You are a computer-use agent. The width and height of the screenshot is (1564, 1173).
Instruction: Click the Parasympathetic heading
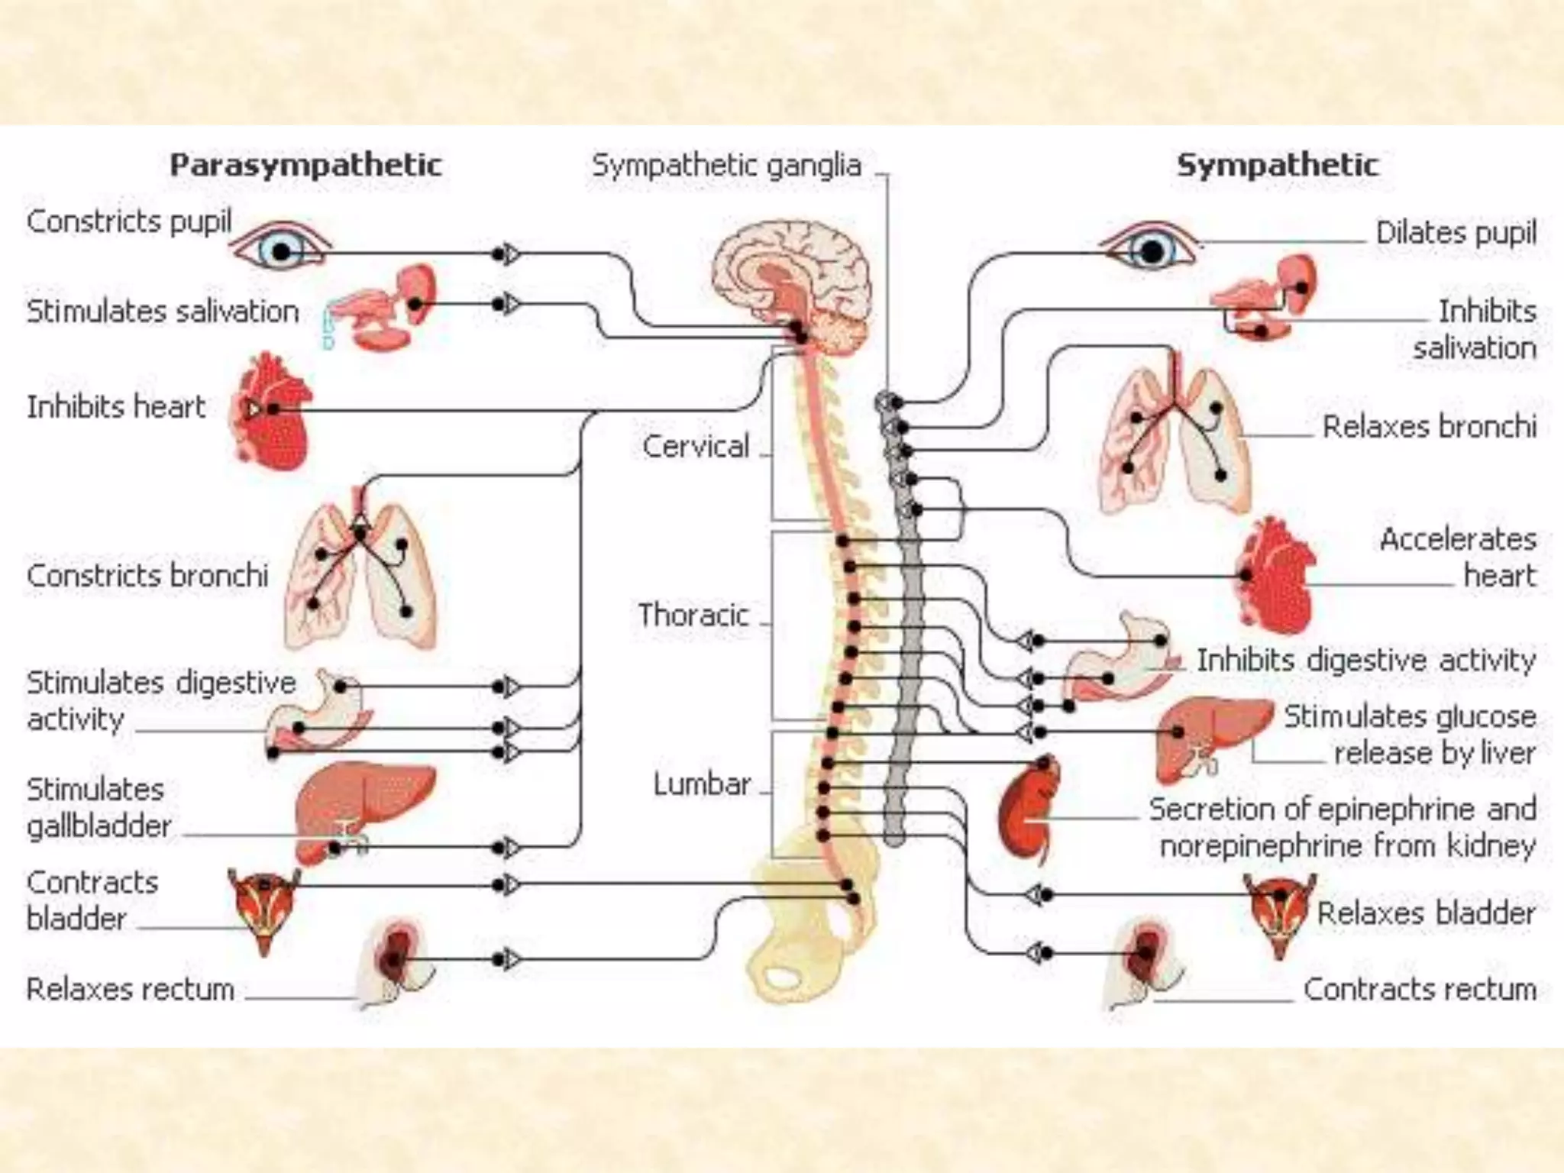point(305,165)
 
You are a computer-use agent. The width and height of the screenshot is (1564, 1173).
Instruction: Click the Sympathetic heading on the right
point(1278,165)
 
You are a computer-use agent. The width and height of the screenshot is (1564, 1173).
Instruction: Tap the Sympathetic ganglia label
point(726,165)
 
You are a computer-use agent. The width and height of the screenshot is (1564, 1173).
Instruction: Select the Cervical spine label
point(696,446)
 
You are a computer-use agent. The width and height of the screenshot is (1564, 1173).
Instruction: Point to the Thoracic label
point(693,615)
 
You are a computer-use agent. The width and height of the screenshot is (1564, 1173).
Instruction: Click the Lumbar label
point(702,784)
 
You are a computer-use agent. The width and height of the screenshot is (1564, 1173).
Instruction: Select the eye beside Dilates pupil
point(1150,248)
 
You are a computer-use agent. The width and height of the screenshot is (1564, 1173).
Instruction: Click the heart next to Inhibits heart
point(272,412)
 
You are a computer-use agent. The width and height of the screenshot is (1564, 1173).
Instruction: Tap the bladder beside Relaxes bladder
point(1280,913)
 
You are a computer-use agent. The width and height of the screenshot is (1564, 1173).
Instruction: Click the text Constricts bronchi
point(147,575)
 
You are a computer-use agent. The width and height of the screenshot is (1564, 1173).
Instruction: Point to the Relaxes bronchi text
point(1429,426)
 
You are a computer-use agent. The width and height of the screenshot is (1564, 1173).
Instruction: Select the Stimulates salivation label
point(163,312)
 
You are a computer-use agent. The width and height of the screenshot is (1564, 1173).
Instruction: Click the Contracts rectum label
point(1420,989)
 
